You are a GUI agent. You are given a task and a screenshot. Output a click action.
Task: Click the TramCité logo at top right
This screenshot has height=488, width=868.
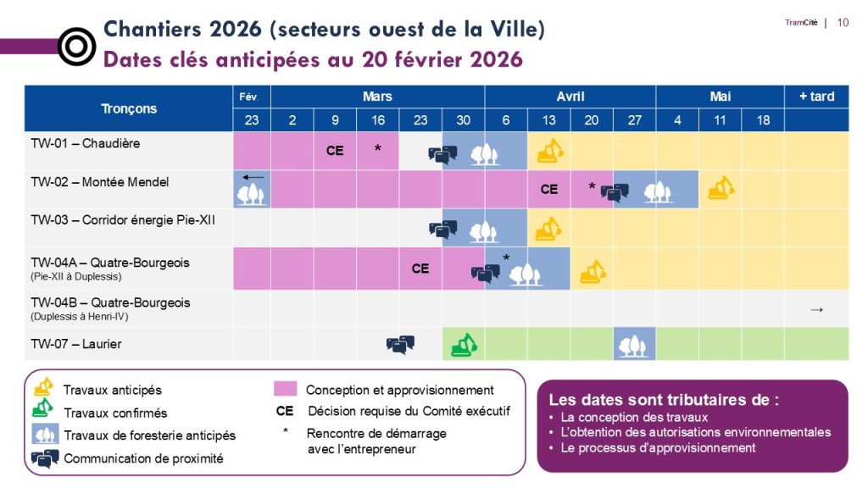coord(800,23)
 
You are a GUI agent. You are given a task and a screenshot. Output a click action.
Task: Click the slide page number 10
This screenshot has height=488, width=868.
coord(843,23)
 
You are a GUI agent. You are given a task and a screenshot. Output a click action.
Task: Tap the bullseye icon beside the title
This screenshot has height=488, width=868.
coord(76,47)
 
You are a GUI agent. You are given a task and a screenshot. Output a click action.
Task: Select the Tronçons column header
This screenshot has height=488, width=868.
coord(129,108)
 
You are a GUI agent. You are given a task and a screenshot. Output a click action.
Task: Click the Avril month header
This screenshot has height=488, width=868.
coord(570,97)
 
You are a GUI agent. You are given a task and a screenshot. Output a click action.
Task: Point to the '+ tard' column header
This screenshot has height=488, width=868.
coord(816,97)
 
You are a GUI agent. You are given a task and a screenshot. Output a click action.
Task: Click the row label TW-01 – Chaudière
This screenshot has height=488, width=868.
coord(86,143)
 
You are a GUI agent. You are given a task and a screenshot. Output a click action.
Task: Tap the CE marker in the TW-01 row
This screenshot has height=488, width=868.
coord(335,151)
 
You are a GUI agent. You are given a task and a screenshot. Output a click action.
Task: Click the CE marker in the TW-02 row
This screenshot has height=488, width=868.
coord(549,190)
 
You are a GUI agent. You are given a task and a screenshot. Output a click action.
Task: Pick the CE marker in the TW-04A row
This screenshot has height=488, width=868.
coord(420,269)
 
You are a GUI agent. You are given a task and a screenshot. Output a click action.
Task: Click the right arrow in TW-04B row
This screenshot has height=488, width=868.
coord(816,309)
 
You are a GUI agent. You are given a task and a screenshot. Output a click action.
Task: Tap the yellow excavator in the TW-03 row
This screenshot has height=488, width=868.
coord(548,229)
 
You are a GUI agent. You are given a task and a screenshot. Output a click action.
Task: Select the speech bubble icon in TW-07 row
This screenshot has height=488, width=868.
coord(400,344)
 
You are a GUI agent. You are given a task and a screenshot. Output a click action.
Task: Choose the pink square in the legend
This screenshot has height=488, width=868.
coord(286,389)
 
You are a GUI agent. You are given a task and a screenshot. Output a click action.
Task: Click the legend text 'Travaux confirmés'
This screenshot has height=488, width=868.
coord(115,413)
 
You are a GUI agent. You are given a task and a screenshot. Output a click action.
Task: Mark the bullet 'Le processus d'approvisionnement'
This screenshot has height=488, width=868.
coord(658,447)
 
